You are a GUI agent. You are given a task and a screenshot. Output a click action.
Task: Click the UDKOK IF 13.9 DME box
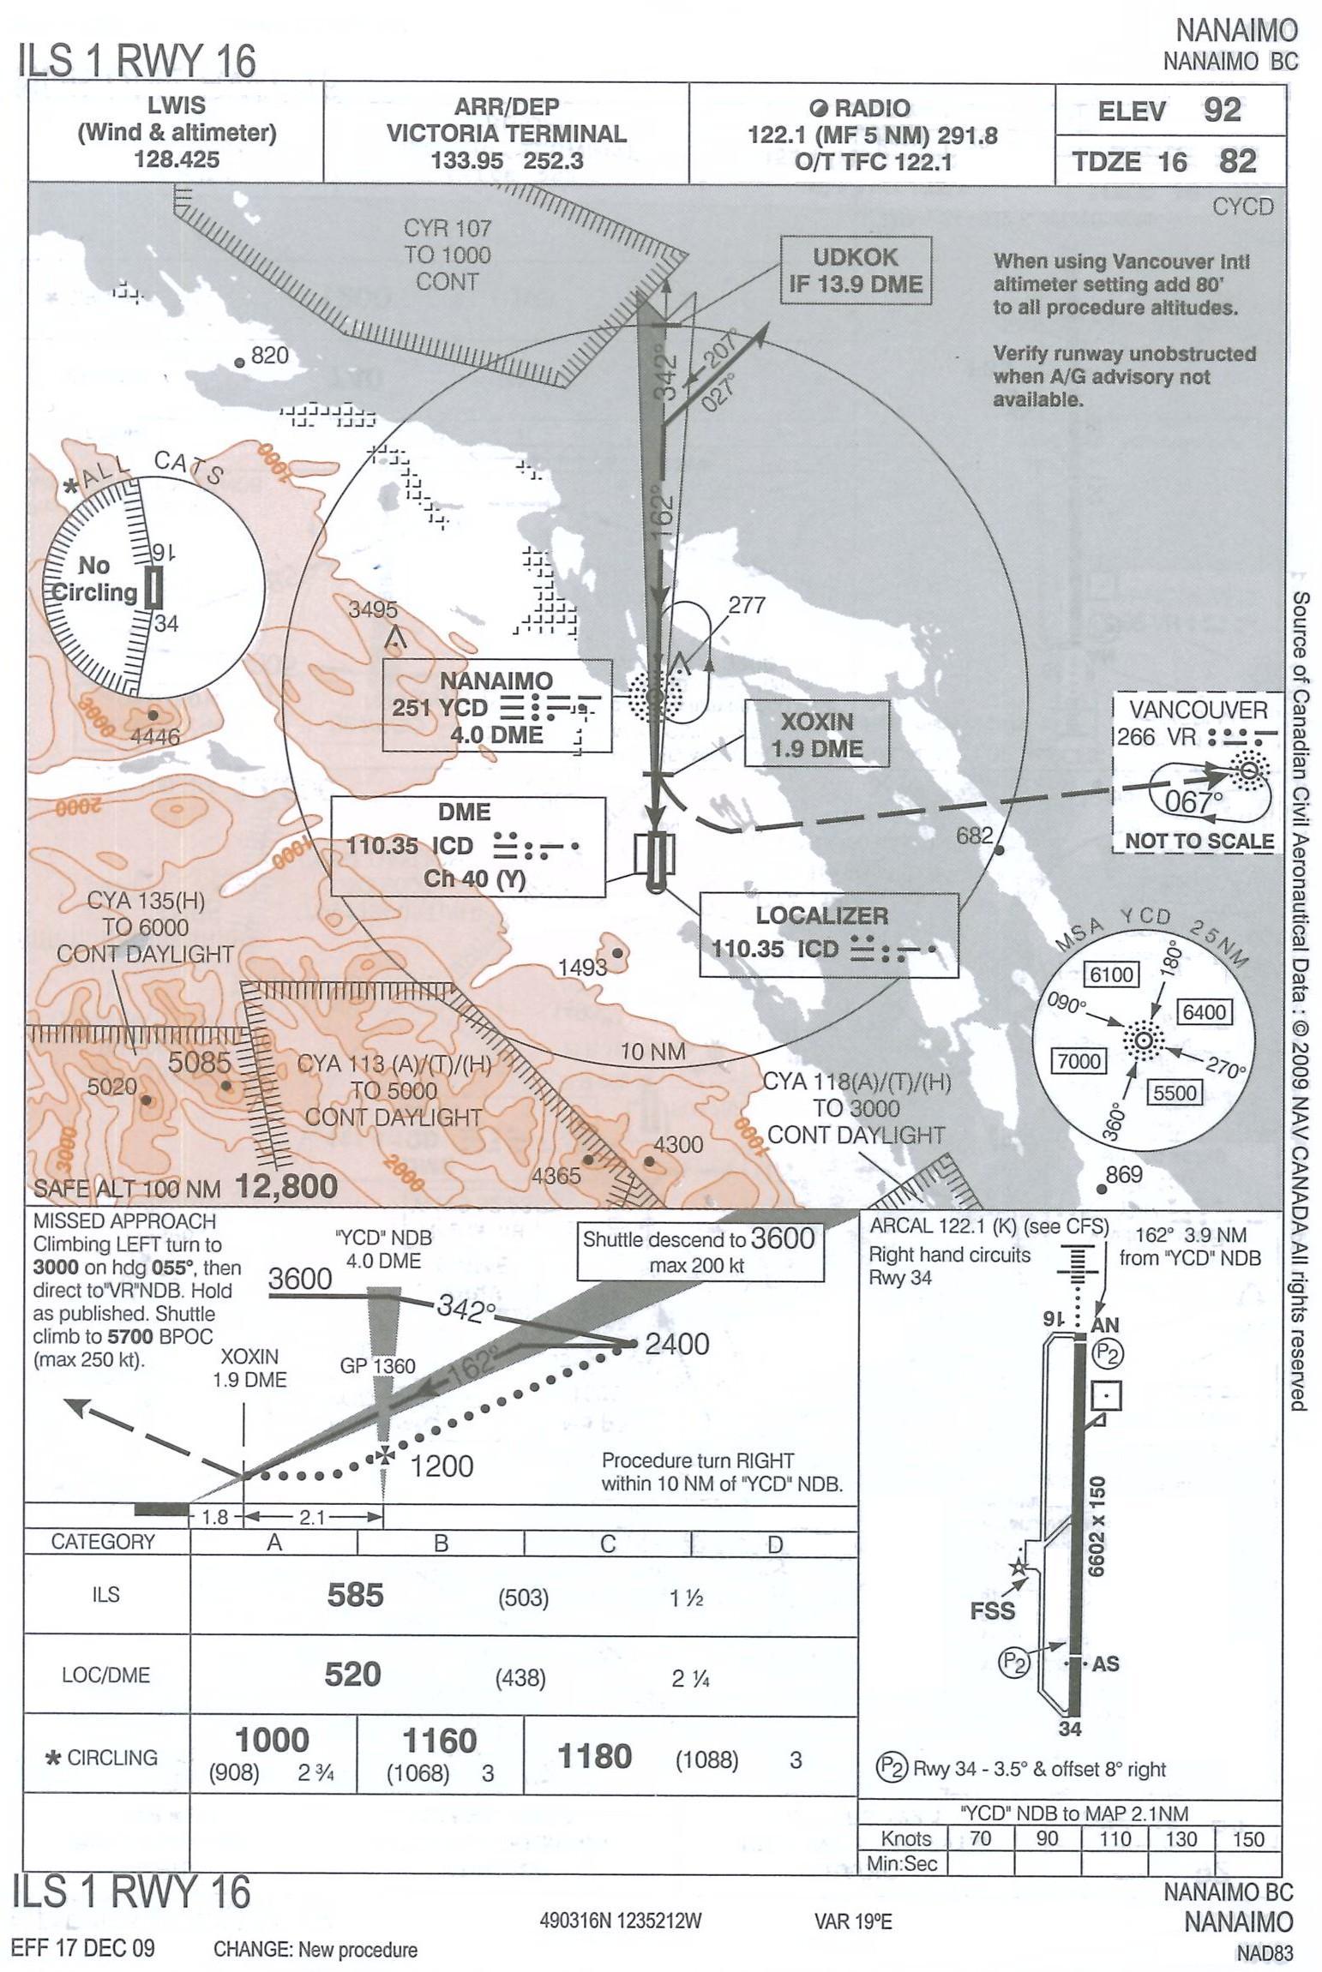pyautogui.click(x=855, y=270)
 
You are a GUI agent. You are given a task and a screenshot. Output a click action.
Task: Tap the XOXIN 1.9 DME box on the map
pyautogui.click(x=816, y=734)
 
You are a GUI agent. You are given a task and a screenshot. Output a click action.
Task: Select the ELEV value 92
pyautogui.click(x=1222, y=111)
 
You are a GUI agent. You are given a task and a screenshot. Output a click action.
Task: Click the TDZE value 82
pyautogui.click(x=1237, y=161)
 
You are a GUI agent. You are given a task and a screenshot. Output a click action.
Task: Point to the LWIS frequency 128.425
pyautogui.click(x=177, y=160)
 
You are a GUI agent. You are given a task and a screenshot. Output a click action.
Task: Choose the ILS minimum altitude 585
pyautogui.click(x=355, y=1595)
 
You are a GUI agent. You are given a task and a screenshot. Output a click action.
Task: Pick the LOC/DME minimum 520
pyautogui.click(x=352, y=1675)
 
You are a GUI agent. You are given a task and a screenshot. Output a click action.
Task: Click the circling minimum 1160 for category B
pyautogui.click(x=439, y=1741)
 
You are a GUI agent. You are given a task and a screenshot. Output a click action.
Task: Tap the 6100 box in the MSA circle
pyautogui.click(x=1111, y=974)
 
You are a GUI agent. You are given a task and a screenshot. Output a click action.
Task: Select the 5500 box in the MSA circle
pyautogui.click(x=1174, y=1093)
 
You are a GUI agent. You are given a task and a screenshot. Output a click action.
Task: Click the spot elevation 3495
pyautogui.click(x=373, y=609)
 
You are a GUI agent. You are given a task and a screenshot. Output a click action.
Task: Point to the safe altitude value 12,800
pyautogui.click(x=286, y=1186)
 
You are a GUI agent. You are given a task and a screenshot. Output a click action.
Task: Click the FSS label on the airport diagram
pyautogui.click(x=992, y=1610)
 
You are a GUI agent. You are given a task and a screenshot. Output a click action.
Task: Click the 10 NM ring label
pyautogui.click(x=652, y=1052)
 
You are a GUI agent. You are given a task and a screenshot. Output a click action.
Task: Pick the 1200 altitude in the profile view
pyautogui.click(x=442, y=1466)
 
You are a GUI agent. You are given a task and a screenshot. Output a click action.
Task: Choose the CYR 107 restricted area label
pyautogui.click(x=448, y=255)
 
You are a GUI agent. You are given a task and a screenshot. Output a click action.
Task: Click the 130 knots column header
pyautogui.click(x=1181, y=1839)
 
